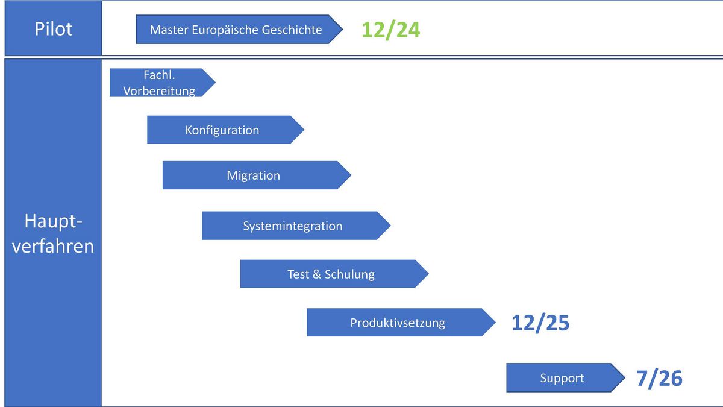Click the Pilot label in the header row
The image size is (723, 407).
(x=54, y=29)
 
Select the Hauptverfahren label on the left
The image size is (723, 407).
(x=53, y=234)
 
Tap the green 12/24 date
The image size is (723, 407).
(x=390, y=30)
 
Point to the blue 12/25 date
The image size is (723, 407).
(x=540, y=323)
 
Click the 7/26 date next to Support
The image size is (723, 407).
(x=659, y=378)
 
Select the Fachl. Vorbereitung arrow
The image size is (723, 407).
(x=163, y=83)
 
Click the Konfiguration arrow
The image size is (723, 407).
(x=225, y=130)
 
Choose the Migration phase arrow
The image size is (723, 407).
(x=257, y=175)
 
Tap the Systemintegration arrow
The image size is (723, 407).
(x=296, y=226)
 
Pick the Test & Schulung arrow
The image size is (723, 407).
(x=334, y=274)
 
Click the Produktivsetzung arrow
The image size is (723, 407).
(x=401, y=323)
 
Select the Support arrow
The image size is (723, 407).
(x=566, y=378)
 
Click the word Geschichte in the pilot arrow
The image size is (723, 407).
(x=292, y=30)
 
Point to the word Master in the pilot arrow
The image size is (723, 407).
(x=169, y=30)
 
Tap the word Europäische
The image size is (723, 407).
(x=225, y=30)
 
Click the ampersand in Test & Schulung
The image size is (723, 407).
(x=317, y=274)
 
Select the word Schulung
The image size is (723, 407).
(x=349, y=274)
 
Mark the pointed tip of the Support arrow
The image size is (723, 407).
(x=625, y=378)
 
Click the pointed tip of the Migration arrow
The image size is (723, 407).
(x=351, y=175)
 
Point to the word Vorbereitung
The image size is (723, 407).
(x=159, y=91)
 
